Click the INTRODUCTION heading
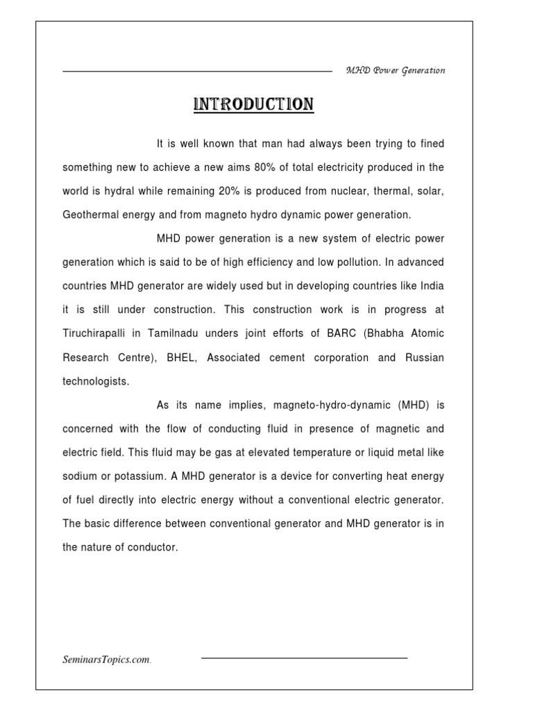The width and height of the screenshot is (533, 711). [x=253, y=105]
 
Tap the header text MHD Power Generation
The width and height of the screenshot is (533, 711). [x=396, y=71]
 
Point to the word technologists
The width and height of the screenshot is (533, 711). [x=96, y=381]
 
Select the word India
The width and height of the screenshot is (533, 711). [x=431, y=286]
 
